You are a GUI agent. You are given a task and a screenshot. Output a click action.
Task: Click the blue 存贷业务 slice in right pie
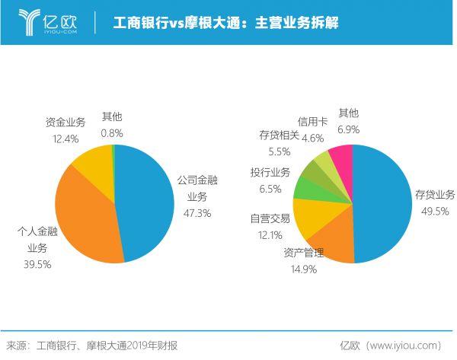385,202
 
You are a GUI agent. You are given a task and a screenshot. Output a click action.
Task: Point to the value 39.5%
38,263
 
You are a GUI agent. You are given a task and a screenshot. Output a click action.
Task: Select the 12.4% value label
66,139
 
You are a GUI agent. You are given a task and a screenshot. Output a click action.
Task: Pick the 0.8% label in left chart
112,132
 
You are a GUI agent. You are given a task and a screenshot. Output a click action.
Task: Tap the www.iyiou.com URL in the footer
403,345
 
